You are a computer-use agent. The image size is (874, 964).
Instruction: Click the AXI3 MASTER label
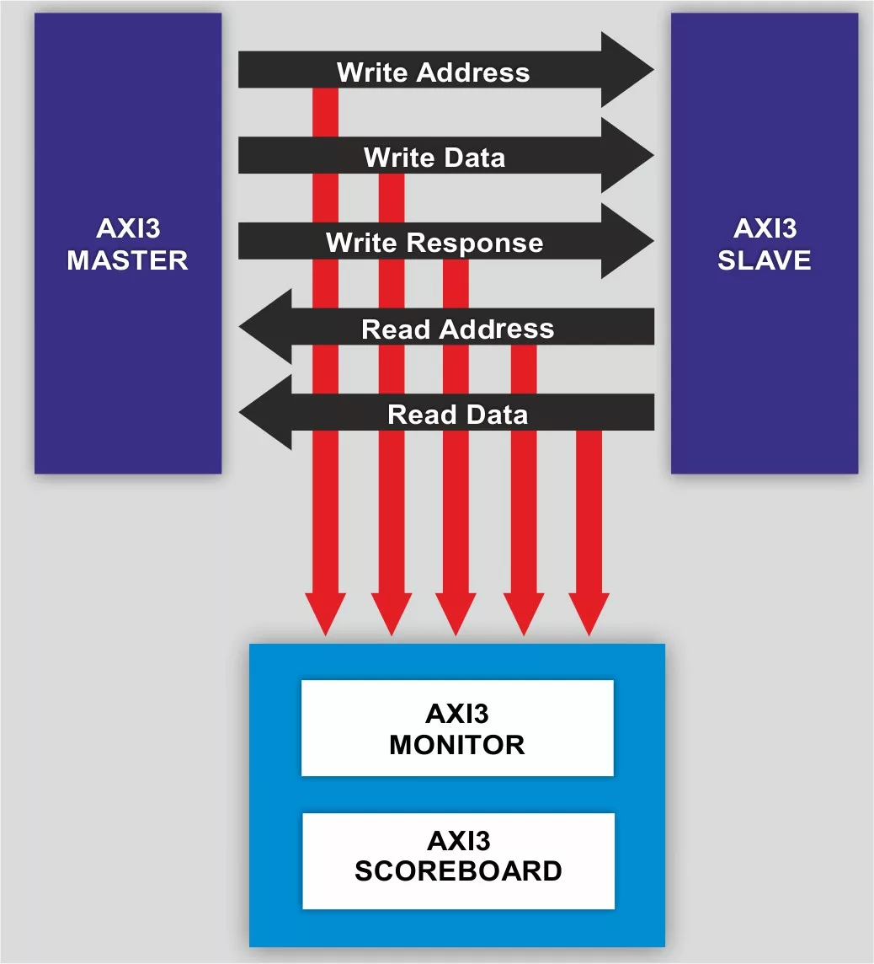127,244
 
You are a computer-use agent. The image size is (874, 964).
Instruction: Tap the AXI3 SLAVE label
764,244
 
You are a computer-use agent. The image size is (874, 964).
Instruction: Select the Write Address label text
433,72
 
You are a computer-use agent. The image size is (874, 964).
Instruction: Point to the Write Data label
434,158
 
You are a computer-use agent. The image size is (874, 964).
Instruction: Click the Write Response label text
434,244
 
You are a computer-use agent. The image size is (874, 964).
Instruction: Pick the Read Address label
457,329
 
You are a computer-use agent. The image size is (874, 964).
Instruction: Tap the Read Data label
457,415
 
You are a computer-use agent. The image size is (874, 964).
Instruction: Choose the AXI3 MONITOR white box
457,728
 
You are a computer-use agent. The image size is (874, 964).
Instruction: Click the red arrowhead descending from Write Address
325,613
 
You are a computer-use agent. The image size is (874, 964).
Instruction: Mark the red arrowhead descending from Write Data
391,613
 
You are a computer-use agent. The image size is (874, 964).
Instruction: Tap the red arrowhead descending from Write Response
456,613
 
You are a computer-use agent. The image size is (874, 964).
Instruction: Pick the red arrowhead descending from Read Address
524,613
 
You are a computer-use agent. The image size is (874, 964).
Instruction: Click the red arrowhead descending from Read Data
589,613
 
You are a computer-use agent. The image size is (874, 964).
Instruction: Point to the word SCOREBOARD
458,871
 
